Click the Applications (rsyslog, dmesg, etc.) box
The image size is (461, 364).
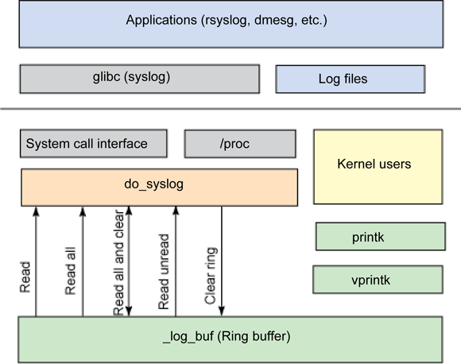pyautogui.click(x=230, y=23)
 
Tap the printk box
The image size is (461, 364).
pyautogui.click(x=378, y=236)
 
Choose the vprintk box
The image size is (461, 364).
pyautogui.click(x=378, y=280)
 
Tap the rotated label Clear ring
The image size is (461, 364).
pyautogui.click(x=211, y=274)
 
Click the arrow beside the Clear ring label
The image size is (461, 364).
pyautogui.click(x=221, y=262)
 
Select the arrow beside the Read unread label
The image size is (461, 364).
pyautogui.click(x=176, y=262)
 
